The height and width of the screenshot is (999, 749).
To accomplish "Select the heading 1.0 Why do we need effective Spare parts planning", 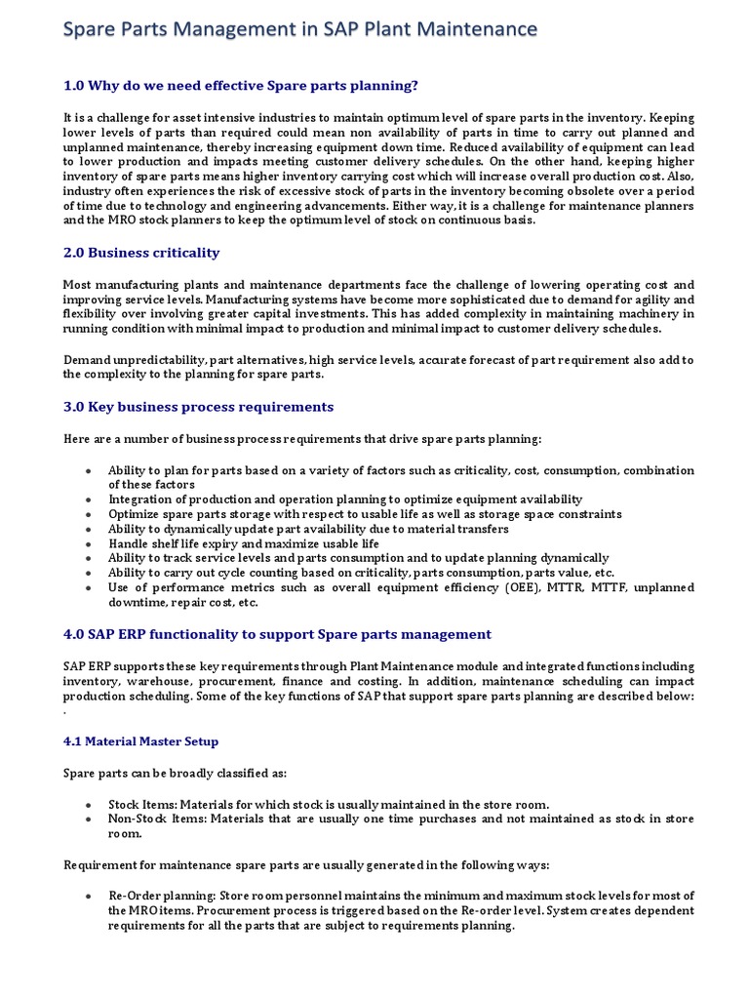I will [x=241, y=86].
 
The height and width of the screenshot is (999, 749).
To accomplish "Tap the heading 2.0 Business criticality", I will [x=141, y=253].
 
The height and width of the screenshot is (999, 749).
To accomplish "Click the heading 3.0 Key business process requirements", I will [x=198, y=407].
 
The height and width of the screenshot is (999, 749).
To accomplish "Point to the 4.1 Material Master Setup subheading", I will [x=141, y=741].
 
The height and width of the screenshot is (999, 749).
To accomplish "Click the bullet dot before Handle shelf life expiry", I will [x=88, y=543].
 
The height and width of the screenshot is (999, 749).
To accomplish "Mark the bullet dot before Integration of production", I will [x=88, y=499].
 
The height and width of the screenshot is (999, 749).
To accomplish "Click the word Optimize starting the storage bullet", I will [x=133, y=514].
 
